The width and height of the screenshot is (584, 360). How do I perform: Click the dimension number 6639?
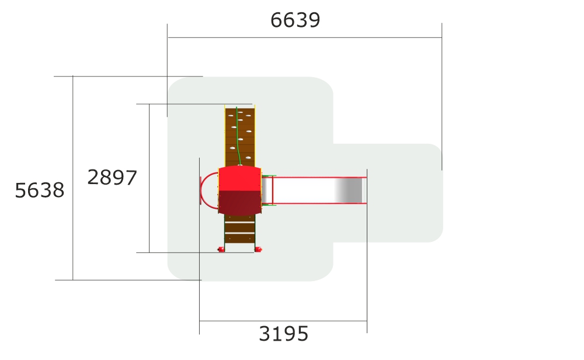point(295,20)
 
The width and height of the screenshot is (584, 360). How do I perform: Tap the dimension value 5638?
point(40,191)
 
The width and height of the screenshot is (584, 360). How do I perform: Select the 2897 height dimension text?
point(112,178)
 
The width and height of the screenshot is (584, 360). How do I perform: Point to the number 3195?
point(283,334)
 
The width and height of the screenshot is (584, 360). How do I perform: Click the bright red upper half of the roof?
point(240,178)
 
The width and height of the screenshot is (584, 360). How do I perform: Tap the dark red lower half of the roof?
point(240,202)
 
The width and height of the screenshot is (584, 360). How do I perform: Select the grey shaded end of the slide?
point(349,190)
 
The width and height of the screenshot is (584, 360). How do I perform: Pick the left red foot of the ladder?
point(221,250)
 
